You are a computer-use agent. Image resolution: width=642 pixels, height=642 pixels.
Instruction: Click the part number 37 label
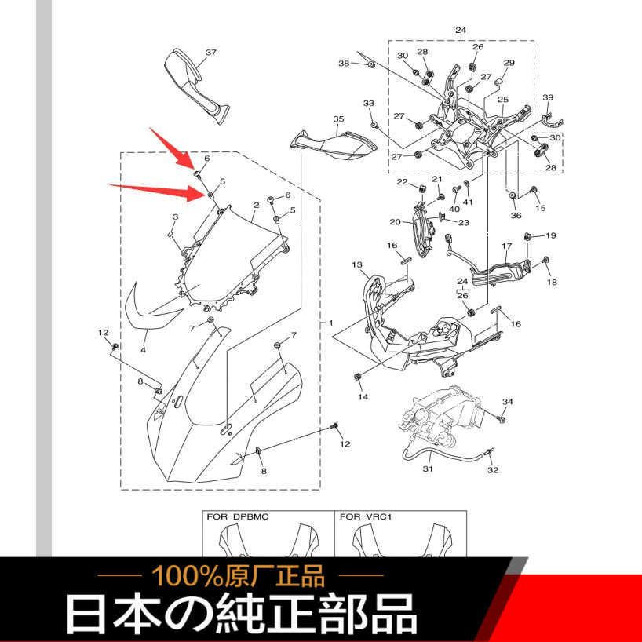click(211, 53)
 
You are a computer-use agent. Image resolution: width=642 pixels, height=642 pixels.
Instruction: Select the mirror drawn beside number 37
click(196, 86)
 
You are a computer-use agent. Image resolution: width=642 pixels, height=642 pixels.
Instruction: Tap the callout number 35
click(338, 119)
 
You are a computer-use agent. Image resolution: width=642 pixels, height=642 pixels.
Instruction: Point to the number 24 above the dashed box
click(461, 30)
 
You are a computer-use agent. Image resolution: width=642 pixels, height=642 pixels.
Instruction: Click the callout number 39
click(548, 97)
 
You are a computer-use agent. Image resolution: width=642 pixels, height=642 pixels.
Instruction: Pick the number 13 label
click(357, 265)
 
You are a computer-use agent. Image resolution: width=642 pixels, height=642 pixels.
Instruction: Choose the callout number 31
click(428, 468)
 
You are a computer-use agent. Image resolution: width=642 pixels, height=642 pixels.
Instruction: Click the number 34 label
click(507, 402)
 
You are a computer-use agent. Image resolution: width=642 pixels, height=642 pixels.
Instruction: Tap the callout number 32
click(493, 470)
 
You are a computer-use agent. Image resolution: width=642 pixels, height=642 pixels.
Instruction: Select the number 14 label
click(363, 396)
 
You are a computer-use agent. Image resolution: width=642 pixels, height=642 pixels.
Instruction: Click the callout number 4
click(143, 350)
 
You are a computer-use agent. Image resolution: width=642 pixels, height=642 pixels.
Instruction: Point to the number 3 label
click(175, 217)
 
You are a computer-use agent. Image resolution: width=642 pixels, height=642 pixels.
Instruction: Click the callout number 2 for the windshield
click(257, 205)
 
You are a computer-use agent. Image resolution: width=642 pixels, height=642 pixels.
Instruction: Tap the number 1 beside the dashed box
click(331, 323)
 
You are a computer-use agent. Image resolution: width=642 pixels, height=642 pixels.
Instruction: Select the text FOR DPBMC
click(238, 516)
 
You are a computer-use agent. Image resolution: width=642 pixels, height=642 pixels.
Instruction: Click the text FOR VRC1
click(366, 516)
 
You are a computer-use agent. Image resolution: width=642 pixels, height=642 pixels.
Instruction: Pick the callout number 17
click(507, 246)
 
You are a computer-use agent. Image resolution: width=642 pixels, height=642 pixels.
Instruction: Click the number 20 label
click(395, 222)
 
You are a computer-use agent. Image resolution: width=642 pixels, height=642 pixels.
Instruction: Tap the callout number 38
click(344, 63)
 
